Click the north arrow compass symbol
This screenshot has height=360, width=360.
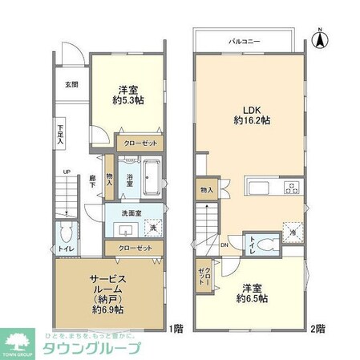point(320,35)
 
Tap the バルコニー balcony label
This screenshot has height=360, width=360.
point(245,39)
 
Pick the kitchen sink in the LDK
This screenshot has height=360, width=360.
point(260,189)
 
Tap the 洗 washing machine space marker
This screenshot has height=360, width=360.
point(152,228)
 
